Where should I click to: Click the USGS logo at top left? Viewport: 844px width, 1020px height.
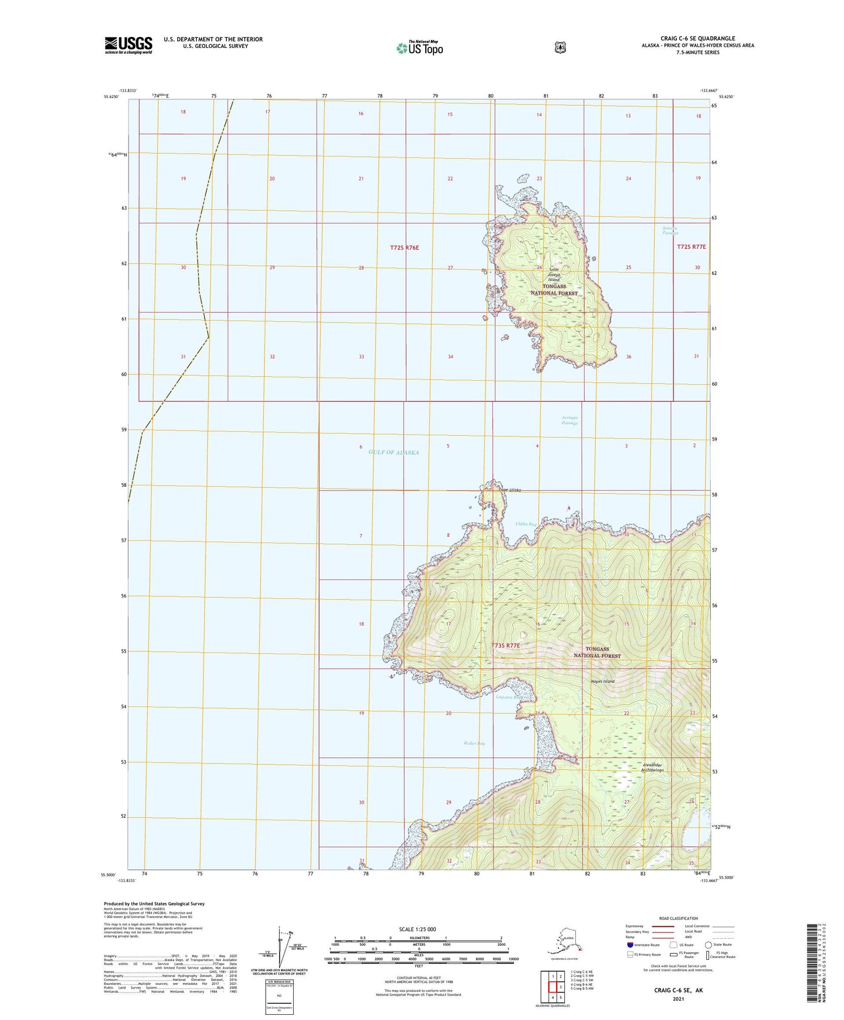pos(128,45)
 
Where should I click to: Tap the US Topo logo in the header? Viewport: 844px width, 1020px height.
pos(419,48)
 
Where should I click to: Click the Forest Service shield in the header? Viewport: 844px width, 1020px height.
pos(560,47)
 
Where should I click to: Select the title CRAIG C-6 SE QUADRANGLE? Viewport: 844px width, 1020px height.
pos(697,39)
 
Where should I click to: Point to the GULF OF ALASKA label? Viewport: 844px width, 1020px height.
pos(394,453)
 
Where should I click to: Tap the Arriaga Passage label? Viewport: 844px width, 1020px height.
pos(569,420)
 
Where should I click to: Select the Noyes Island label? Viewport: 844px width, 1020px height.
pos(603,681)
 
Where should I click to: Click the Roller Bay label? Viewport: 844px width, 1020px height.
pos(474,743)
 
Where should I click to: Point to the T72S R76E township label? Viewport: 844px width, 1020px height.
pos(404,248)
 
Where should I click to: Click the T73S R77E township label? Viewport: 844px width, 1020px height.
pos(505,646)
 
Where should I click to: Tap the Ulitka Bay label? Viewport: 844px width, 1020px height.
pos(526,524)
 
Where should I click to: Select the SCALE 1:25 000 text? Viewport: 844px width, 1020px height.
pos(418,929)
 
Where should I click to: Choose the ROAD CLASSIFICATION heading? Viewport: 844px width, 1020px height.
pos(678,918)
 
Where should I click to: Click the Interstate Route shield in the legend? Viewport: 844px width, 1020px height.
pos(629,945)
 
